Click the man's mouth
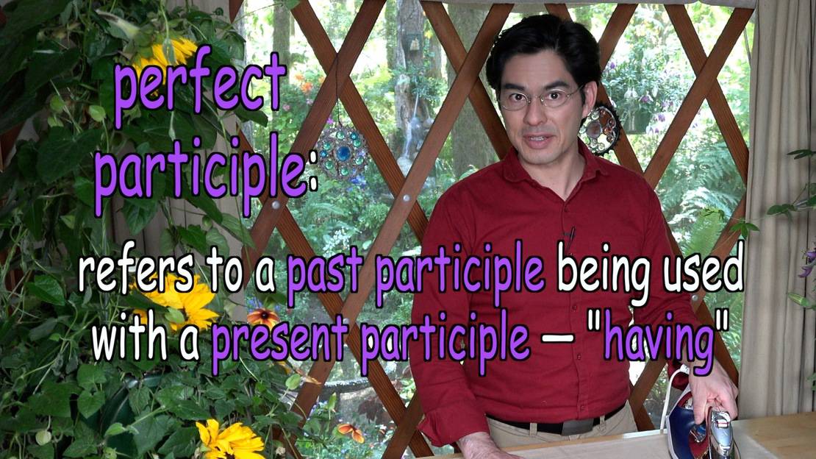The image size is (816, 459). pyautogui.click(x=540, y=140)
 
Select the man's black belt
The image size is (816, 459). pyautogui.click(x=557, y=424)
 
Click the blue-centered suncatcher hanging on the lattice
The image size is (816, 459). pyautogui.click(x=343, y=152)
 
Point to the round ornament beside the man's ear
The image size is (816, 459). pyautogui.click(x=600, y=129)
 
